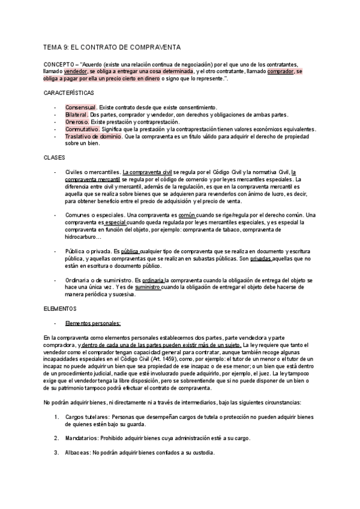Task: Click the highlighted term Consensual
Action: [80, 107]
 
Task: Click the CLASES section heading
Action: [55, 157]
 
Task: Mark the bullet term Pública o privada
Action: [90, 251]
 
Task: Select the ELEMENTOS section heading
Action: [61, 308]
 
